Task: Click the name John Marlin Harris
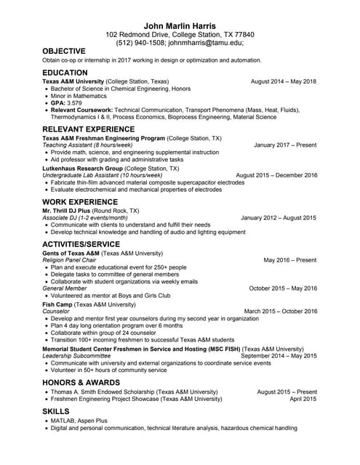pos(180,26)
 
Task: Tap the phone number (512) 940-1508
pos(140,43)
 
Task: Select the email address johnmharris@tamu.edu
pos(206,43)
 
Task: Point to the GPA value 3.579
pos(74,103)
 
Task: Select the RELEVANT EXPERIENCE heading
pos(89,129)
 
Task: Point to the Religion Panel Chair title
pos(69,259)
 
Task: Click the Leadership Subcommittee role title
pos(77,355)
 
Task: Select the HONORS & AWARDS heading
pos(81,382)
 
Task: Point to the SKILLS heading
pos(57,411)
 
